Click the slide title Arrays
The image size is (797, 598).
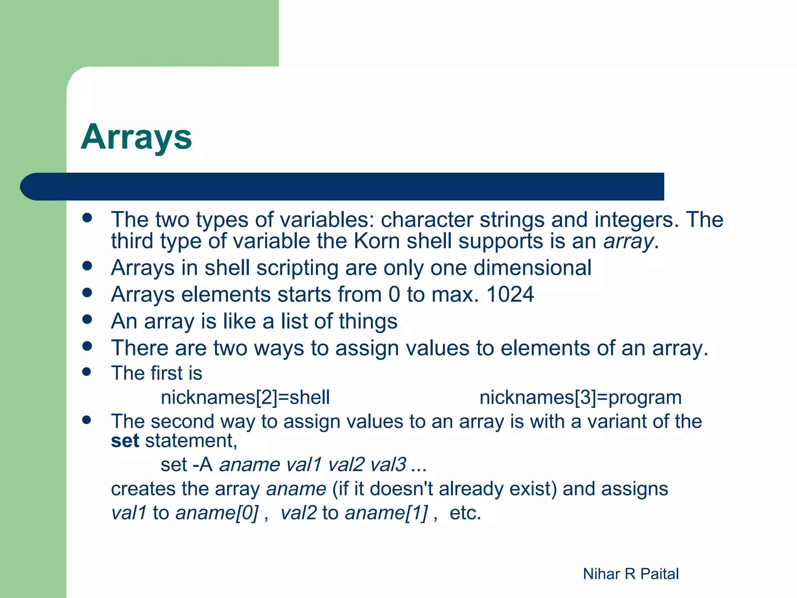click(x=136, y=137)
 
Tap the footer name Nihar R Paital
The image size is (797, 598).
click(x=630, y=574)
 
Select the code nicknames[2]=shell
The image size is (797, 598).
click(x=245, y=397)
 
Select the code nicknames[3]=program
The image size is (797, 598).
click(x=580, y=397)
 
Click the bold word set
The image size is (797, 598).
click(x=125, y=441)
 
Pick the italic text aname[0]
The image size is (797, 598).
click(x=217, y=513)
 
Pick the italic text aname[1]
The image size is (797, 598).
click(x=386, y=513)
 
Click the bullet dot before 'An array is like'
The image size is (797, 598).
click(x=87, y=320)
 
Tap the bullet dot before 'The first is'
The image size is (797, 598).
click(x=87, y=371)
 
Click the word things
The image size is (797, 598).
click(x=368, y=322)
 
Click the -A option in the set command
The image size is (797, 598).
click(x=202, y=464)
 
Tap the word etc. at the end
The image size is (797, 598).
click(x=465, y=513)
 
